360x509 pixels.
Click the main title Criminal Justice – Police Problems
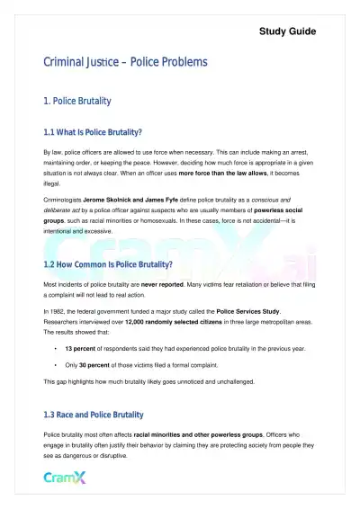point(125,62)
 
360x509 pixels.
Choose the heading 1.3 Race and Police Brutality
point(94,415)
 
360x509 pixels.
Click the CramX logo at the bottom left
point(66,477)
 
